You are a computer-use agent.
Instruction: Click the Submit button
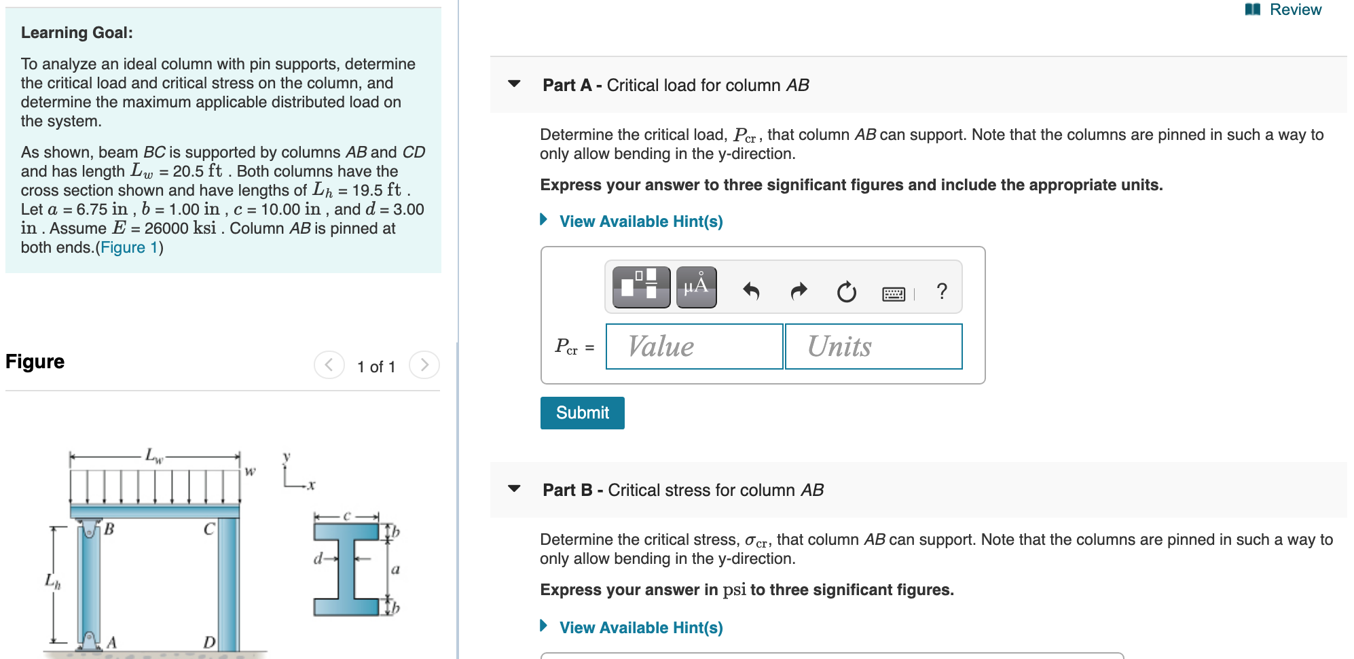[x=582, y=412]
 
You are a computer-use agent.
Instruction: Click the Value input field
[x=694, y=346]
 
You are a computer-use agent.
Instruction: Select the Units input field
[x=873, y=346]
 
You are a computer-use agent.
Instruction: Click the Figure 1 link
[x=129, y=247]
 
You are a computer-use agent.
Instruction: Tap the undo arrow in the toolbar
[x=751, y=291]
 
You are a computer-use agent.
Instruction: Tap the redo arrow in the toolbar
[x=799, y=291]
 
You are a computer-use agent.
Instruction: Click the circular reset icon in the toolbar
[x=846, y=292]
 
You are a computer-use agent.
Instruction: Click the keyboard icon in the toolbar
[x=894, y=293]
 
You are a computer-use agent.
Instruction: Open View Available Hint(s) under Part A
[x=640, y=221]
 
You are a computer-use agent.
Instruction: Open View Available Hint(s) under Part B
[x=640, y=628]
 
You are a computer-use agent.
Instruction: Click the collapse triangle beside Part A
[x=514, y=84]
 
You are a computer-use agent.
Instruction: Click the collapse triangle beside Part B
[x=514, y=488]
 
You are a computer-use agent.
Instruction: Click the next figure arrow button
[x=424, y=366]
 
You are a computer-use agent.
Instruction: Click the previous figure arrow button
[x=329, y=366]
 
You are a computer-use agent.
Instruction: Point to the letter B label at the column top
[x=109, y=529]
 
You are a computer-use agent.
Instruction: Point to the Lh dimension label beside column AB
[x=52, y=581]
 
